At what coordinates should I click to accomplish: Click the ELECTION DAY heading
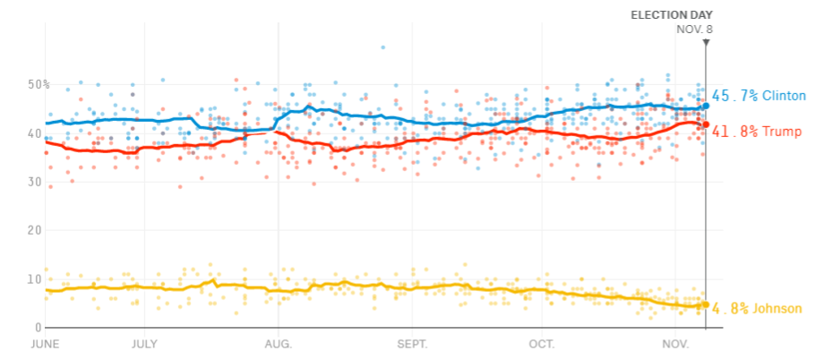pyautogui.click(x=671, y=14)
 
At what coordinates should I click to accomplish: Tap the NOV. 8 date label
pyautogui.click(x=694, y=29)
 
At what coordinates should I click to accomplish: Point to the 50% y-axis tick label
pyautogui.click(x=38, y=85)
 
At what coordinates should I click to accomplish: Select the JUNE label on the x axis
pyautogui.click(x=47, y=343)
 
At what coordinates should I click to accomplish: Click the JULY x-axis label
pyautogui.click(x=144, y=343)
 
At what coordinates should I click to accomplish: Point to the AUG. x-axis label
pyautogui.click(x=279, y=343)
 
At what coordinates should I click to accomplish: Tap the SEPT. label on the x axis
pyautogui.click(x=413, y=343)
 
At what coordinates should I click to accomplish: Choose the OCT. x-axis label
pyautogui.click(x=542, y=343)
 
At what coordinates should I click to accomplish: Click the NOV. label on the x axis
pyautogui.click(x=675, y=343)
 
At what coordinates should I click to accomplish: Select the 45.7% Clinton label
pyautogui.click(x=759, y=96)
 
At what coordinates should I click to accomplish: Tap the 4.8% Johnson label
pyautogui.click(x=756, y=309)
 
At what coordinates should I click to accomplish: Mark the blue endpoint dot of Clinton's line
pyautogui.click(x=706, y=106)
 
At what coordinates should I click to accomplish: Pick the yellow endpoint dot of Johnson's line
pyautogui.click(x=706, y=304)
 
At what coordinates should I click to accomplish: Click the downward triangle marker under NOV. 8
pyautogui.click(x=706, y=42)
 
